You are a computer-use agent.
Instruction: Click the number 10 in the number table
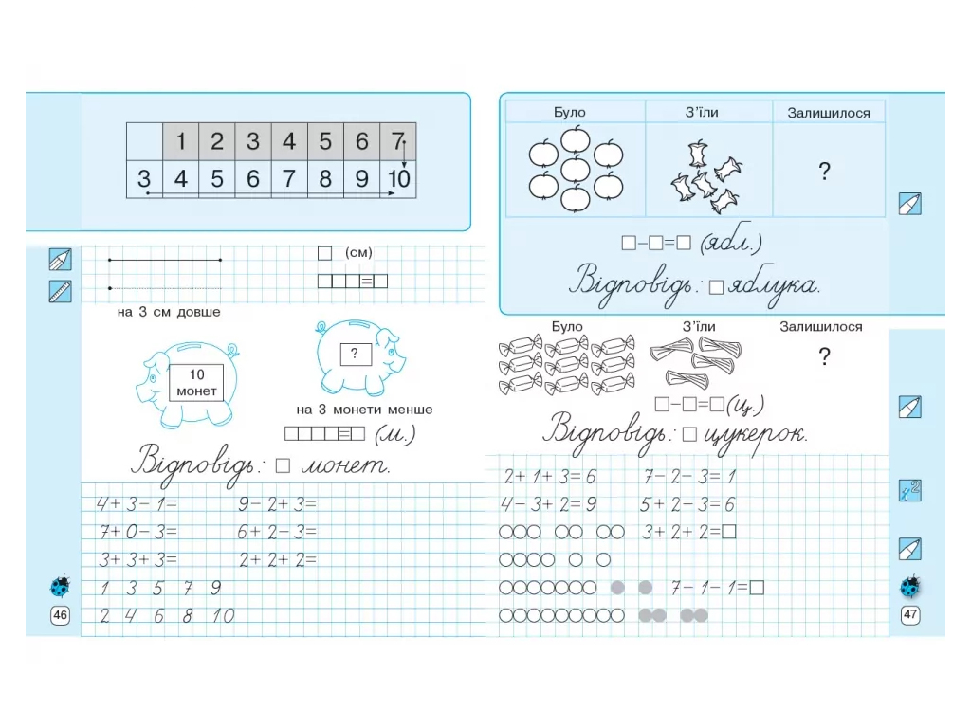tap(399, 179)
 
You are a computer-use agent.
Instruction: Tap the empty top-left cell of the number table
tap(145, 142)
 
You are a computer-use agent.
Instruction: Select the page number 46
tap(60, 614)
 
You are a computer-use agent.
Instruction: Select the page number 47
tap(909, 614)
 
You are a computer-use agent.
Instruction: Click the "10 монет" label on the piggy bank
tap(196, 383)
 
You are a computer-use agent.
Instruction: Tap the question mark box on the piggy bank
tap(355, 355)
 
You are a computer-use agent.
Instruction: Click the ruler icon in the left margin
tap(60, 291)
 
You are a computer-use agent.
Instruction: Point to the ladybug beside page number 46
tap(60, 585)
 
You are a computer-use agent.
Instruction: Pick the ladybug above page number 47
tap(910, 586)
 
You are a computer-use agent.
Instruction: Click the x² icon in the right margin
tap(909, 490)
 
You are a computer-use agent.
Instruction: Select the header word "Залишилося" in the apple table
tap(829, 113)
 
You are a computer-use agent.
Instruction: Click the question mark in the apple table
tap(824, 171)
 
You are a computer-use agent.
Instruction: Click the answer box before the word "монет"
tap(283, 465)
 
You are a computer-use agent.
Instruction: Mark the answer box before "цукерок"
tap(689, 434)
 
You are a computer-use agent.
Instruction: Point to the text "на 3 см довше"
tap(169, 312)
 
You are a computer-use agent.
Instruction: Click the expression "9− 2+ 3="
tap(278, 504)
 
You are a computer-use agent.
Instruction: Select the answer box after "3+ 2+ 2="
tap(728, 532)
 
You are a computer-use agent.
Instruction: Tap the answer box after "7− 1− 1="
tap(757, 588)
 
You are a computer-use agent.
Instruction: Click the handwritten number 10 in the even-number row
tap(223, 616)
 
